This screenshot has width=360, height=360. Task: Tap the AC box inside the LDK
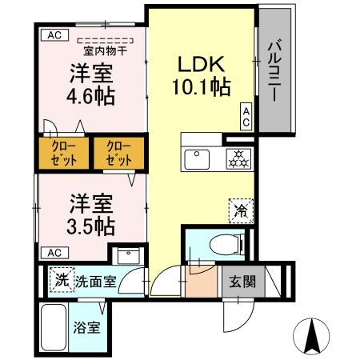[x=246, y=116]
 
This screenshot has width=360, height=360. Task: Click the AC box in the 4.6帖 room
[x=54, y=34]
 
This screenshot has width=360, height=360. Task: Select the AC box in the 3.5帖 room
[x=54, y=252]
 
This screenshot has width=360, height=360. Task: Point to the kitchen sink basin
[x=197, y=158]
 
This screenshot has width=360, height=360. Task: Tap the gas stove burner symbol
[x=237, y=158]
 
